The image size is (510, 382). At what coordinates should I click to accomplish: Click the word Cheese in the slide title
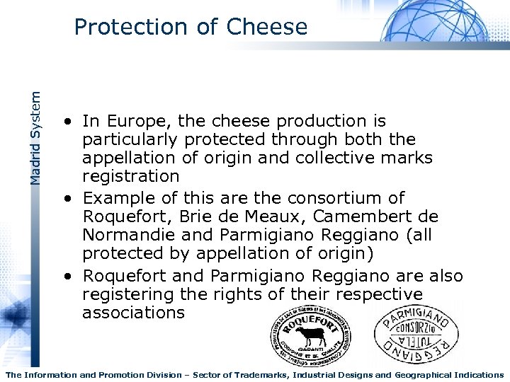(267, 27)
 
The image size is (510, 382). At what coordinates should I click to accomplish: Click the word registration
(131, 176)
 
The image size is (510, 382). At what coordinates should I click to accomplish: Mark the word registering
(128, 294)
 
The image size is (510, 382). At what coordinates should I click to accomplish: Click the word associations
(133, 313)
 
